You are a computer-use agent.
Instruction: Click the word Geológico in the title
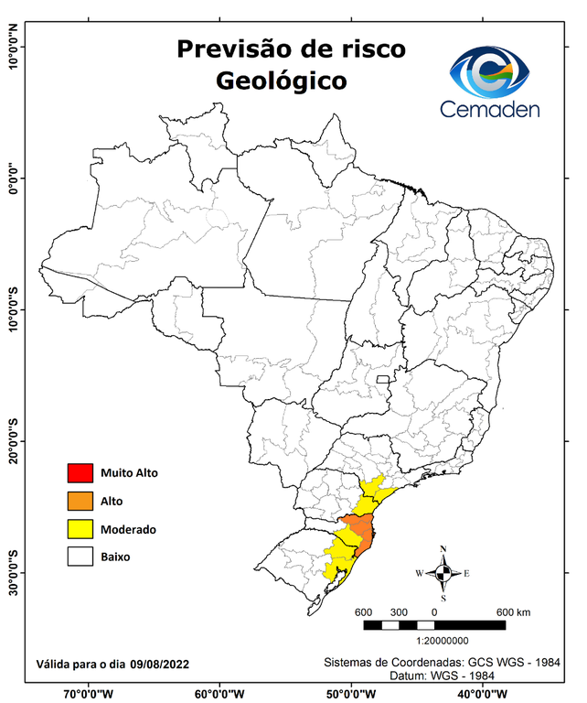pyautogui.click(x=282, y=81)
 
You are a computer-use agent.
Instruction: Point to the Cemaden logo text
pyautogui.click(x=490, y=109)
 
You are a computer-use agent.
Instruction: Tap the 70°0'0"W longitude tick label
pyautogui.click(x=89, y=693)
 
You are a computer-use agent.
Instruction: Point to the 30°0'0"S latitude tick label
pyautogui.click(x=14, y=573)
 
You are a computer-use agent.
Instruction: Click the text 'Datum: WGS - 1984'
pyautogui.click(x=438, y=675)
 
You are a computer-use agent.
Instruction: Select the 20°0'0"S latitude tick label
pyautogui.click(x=14, y=441)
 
